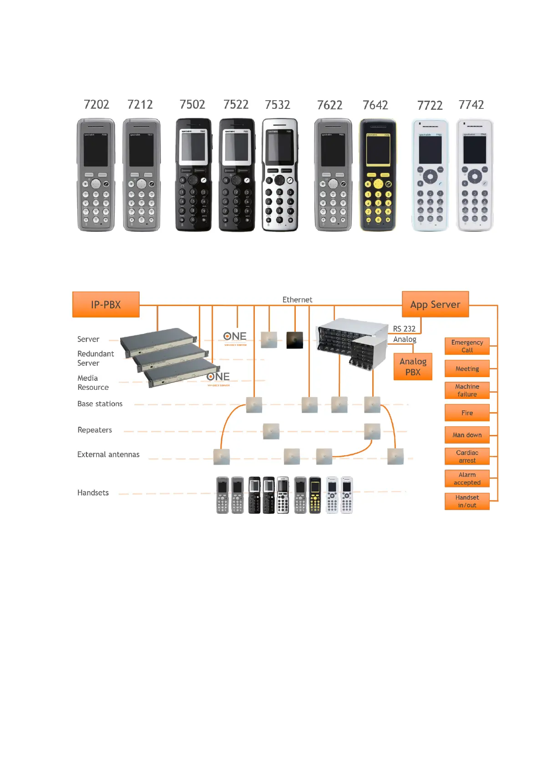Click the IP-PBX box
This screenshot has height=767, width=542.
coord(106,304)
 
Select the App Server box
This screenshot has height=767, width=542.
coord(435,304)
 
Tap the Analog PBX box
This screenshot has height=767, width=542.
coord(413,367)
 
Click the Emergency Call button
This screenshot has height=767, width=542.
coord(467,346)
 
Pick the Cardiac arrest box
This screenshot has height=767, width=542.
coord(467,456)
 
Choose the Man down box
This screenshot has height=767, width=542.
coord(467,435)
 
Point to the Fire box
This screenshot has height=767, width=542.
coord(467,413)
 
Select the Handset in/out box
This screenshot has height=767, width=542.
coord(467,501)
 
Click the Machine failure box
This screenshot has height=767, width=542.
coord(467,390)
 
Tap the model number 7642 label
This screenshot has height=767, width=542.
coord(375,105)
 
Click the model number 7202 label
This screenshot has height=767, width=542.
coord(96,105)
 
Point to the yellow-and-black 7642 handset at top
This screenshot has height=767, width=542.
coord(378,175)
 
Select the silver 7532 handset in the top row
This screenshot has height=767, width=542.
coord(279,175)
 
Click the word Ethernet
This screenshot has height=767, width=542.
coord(297,300)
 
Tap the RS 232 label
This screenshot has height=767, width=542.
coord(404,329)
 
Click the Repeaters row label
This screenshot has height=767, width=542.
coord(95,430)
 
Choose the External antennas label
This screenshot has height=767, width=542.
coord(108,455)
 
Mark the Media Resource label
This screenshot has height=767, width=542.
coord(93,383)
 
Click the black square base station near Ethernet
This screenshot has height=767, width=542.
coord(294,340)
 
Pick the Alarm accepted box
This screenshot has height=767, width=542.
coord(467,479)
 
